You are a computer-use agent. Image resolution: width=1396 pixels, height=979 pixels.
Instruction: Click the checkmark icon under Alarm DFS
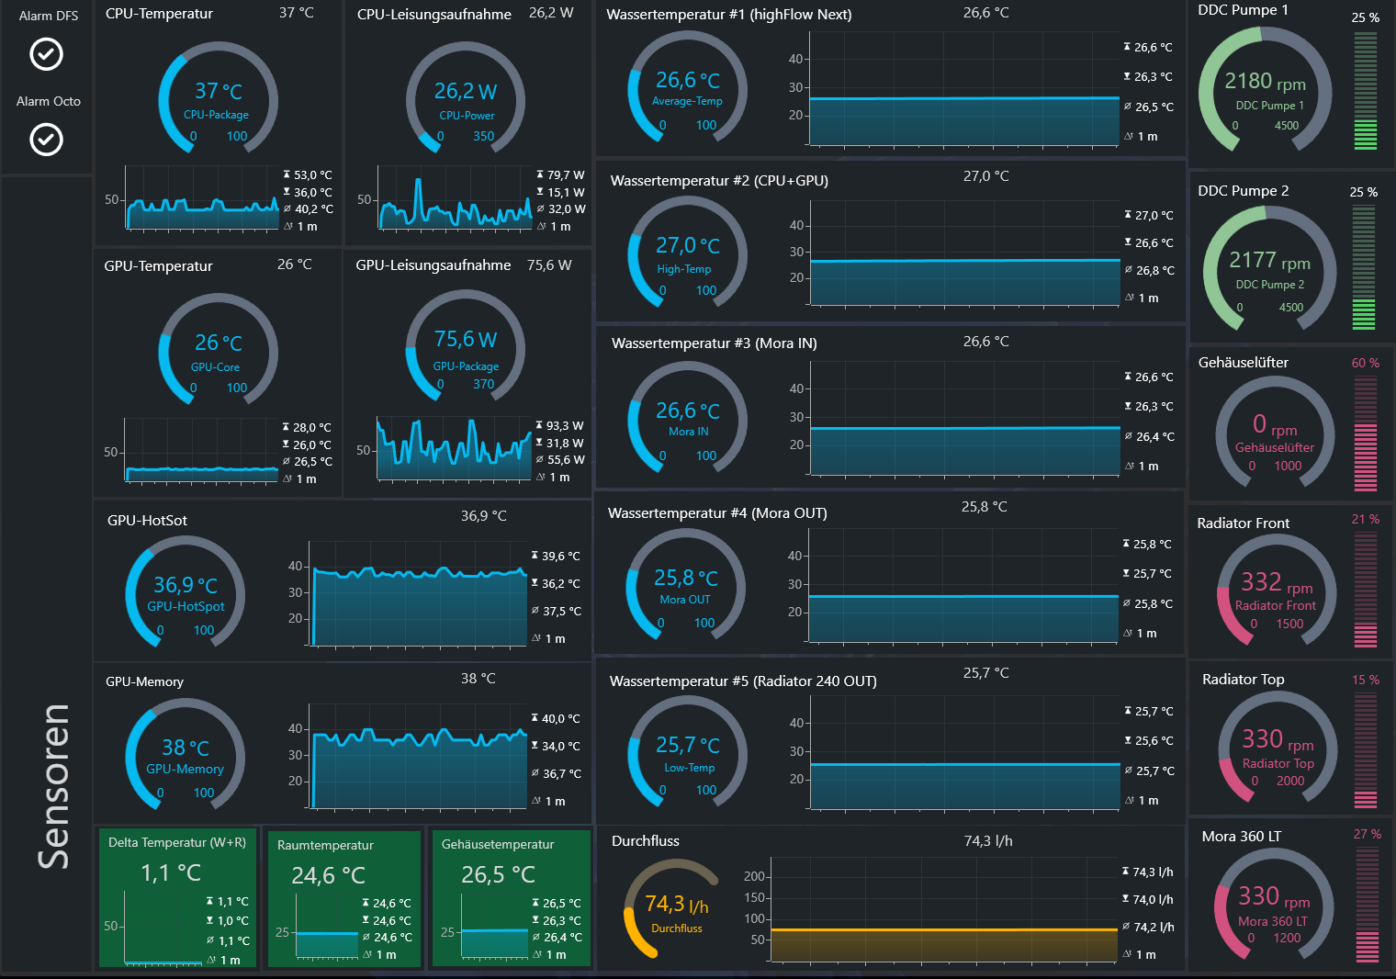[x=47, y=54]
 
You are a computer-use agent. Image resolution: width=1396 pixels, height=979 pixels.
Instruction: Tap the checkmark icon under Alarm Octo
[x=47, y=139]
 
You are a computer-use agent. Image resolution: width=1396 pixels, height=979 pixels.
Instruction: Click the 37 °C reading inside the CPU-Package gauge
[x=219, y=91]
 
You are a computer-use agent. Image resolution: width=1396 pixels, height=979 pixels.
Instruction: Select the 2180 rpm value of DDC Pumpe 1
[x=1265, y=82]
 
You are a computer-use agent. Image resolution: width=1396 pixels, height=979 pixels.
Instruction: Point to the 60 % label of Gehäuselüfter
[x=1365, y=363]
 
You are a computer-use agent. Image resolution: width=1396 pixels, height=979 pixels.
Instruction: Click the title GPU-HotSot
[x=147, y=521]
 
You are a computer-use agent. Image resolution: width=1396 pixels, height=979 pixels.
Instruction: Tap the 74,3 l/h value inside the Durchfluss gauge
[x=676, y=904]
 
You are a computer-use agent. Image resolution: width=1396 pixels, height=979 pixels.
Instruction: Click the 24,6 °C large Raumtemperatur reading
[x=329, y=875]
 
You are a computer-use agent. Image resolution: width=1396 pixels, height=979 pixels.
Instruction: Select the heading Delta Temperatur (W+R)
[x=177, y=842]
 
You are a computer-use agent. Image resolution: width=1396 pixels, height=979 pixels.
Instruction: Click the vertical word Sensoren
[x=53, y=786]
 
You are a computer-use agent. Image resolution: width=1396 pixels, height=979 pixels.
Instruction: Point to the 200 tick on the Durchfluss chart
[x=753, y=876]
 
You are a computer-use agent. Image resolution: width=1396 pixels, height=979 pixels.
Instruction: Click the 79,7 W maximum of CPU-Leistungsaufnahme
[x=565, y=175]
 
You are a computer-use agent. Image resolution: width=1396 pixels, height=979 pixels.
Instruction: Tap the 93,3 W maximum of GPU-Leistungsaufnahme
[x=565, y=425]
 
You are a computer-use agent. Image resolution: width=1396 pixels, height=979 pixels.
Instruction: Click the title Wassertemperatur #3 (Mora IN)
[x=715, y=343]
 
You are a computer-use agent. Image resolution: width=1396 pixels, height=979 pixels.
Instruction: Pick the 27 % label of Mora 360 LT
[x=1367, y=834]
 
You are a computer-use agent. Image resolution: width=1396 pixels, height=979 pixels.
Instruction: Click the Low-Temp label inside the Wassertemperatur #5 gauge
[x=689, y=768]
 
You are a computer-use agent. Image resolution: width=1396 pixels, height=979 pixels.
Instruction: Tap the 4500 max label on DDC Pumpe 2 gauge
[x=1290, y=308]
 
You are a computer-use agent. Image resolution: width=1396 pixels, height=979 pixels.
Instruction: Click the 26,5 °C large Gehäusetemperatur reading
[x=498, y=874]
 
